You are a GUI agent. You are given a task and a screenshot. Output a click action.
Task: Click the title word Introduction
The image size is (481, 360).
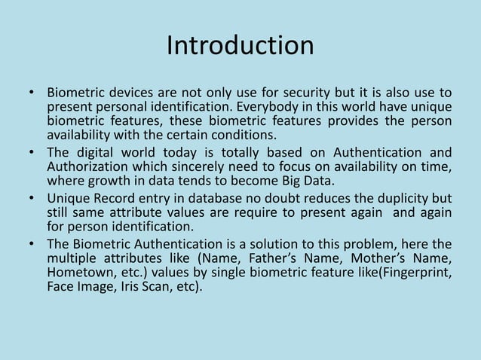[x=240, y=45]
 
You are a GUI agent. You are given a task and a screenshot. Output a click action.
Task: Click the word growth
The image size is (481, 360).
[x=100, y=182]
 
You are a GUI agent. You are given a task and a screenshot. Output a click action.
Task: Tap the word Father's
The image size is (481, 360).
[x=266, y=258]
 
